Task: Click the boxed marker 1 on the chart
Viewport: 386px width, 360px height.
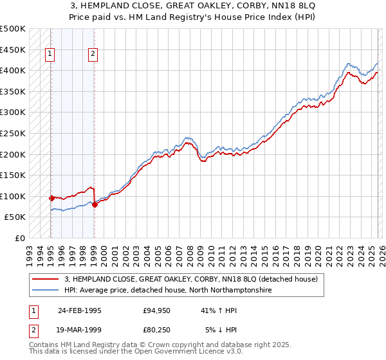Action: click(50, 55)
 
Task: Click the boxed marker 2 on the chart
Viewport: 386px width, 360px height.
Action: click(93, 55)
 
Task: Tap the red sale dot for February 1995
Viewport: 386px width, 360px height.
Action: click(51, 198)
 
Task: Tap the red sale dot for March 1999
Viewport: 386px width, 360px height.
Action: click(95, 204)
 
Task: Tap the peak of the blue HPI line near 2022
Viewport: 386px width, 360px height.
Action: click(348, 64)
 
